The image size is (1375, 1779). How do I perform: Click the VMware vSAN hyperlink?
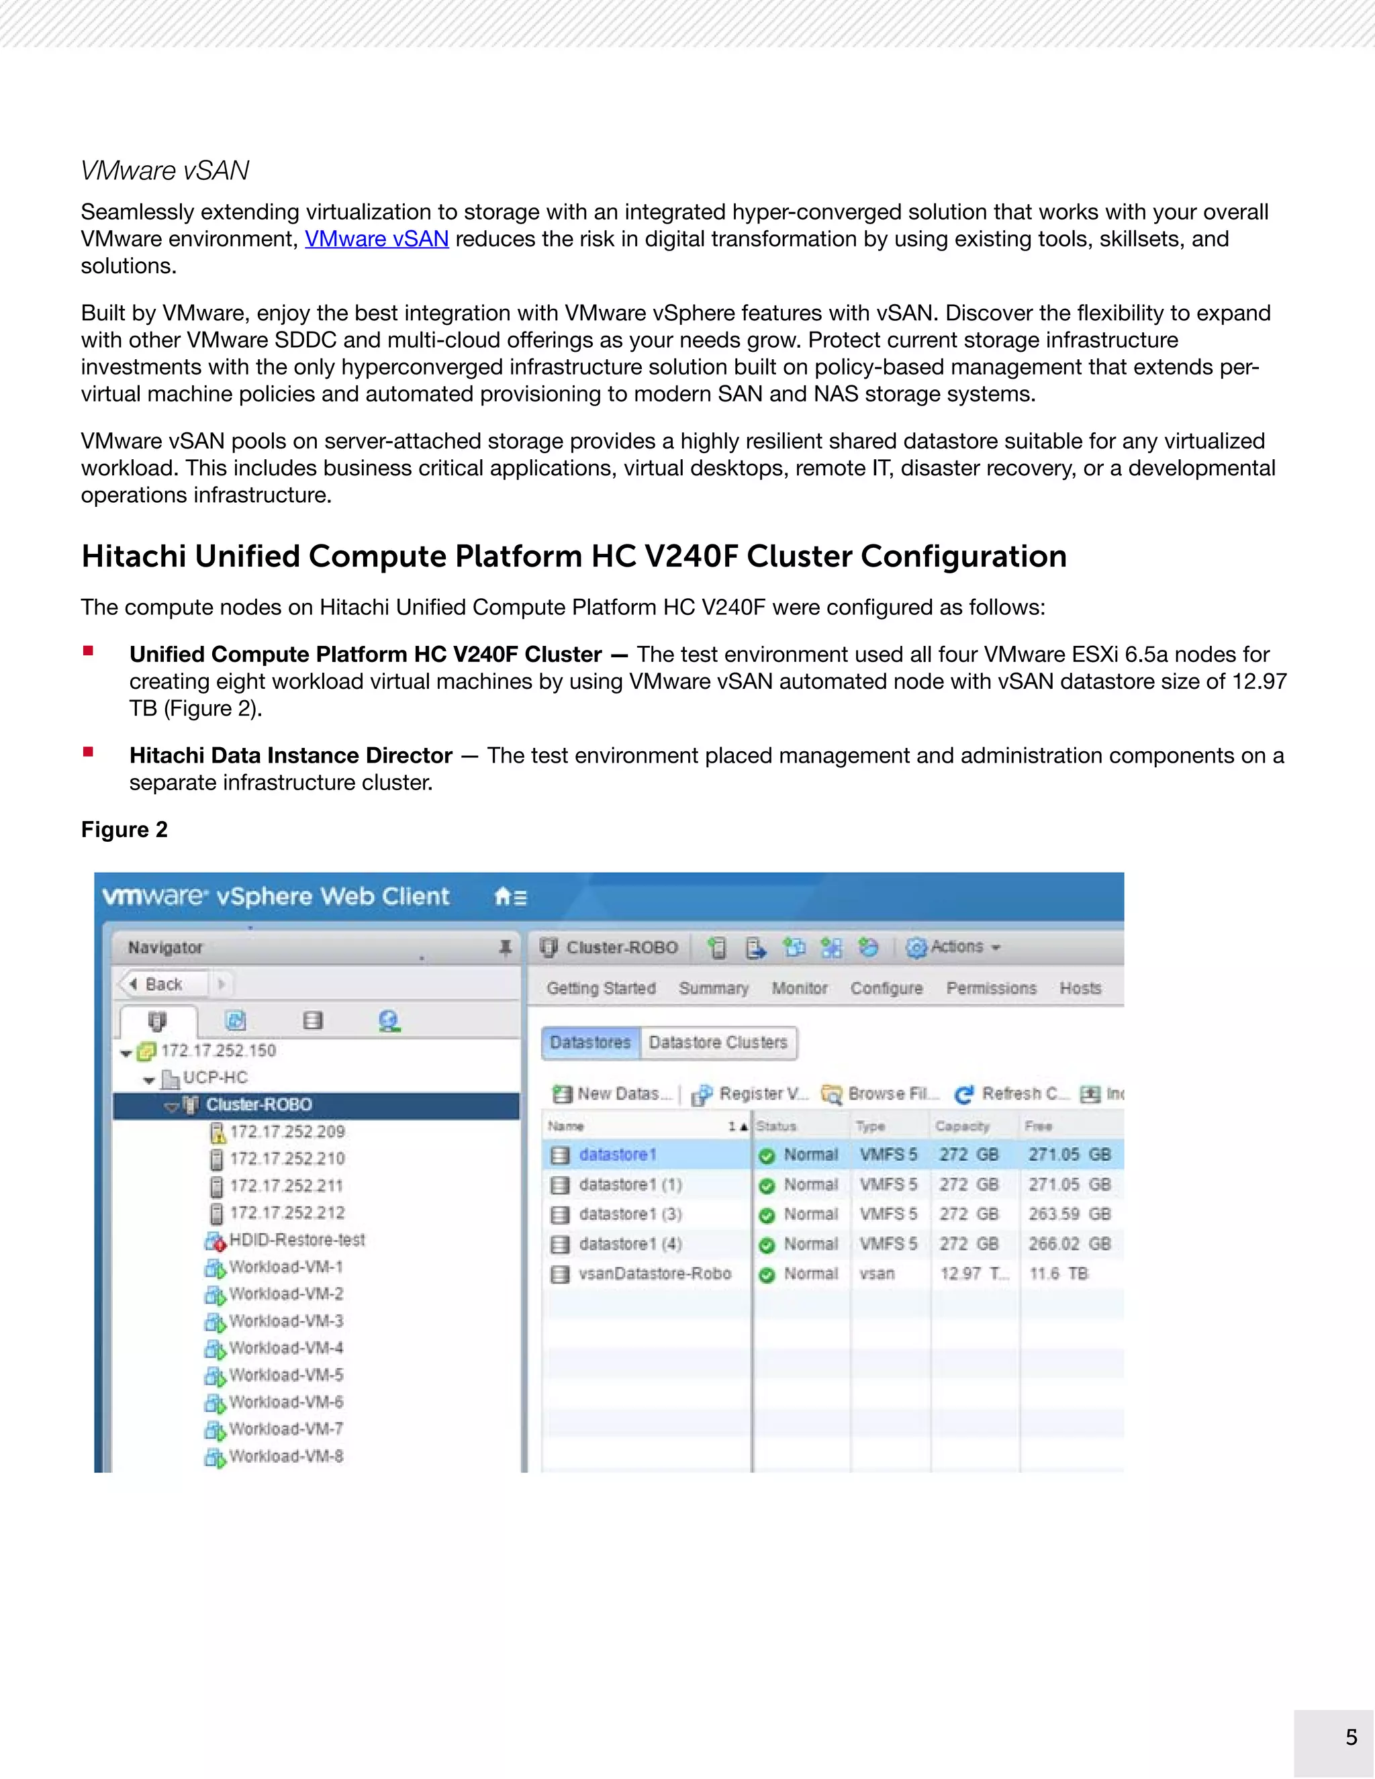[x=377, y=240]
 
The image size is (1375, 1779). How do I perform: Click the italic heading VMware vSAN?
[x=164, y=171]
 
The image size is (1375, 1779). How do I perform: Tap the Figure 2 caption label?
[x=124, y=829]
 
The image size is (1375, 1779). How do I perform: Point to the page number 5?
[x=1351, y=1737]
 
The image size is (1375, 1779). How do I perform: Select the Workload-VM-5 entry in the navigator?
[x=285, y=1375]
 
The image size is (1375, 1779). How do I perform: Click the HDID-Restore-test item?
[x=297, y=1240]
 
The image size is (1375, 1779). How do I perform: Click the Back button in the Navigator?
[x=162, y=984]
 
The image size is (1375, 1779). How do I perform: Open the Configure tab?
[x=886, y=988]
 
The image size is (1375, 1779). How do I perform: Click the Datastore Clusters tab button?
[x=718, y=1043]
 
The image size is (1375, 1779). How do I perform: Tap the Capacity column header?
[x=962, y=1126]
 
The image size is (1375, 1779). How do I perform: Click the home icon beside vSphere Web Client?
[x=504, y=897]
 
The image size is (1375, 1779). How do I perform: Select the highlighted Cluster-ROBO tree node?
[x=258, y=1104]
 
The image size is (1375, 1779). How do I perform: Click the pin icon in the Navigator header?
[x=505, y=947]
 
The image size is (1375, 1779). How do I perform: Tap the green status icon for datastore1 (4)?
[x=765, y=1245]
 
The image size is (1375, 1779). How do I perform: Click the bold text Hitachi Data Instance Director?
[x=291, y=756]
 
